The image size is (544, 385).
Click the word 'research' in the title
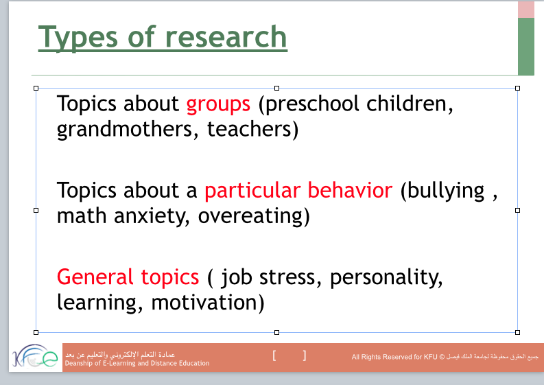226,37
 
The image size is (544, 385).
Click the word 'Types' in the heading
78,39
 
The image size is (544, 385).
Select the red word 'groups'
218,106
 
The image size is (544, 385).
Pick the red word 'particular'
252,191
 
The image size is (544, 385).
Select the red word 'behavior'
350,190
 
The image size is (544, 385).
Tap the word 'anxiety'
152,217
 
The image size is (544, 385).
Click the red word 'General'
95,277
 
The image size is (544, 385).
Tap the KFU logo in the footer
35,357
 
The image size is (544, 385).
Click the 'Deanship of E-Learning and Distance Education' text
137,364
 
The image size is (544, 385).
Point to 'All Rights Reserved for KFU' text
395,357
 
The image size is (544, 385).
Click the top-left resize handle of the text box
36,88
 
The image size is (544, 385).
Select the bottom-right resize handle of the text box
518,333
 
